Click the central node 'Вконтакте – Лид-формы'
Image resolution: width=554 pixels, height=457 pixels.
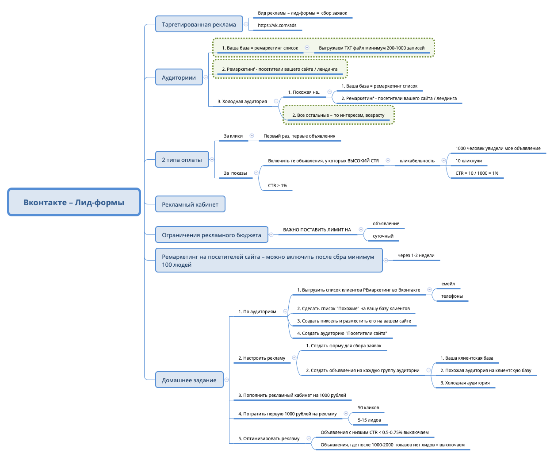tap(74, 202)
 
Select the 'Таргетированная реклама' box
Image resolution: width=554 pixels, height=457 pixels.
tap(199, 24)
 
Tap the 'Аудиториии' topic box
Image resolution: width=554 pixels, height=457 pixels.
tap(179, 77)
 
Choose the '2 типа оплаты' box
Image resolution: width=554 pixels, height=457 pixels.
tap(182, 160)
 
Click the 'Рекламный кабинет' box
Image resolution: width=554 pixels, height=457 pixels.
tap(190, 204)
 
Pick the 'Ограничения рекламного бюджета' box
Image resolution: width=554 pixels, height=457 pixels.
tap(211, 235)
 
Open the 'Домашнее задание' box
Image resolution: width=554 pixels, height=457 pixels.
tap(189, 380)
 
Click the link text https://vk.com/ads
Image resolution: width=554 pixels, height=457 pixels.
tap(277, 25)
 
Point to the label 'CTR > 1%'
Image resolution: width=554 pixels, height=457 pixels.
tap(278, 185)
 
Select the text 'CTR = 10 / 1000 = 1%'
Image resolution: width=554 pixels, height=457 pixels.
tap(477, 173)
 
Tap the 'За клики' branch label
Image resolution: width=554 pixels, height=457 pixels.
tap(233, 136)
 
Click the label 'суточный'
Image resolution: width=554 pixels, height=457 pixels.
tap(383, 236)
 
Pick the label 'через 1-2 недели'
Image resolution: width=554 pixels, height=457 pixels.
tap(416, 255)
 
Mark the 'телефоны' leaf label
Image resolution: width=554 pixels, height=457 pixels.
tap(452, 296)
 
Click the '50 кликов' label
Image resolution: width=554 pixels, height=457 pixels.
tap(368, 407)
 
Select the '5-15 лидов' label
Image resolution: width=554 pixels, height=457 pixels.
tap(369, 420)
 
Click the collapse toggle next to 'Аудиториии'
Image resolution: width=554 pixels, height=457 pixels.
tap(206, 77)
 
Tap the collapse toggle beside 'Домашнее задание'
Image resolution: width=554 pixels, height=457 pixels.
tap(226, 380)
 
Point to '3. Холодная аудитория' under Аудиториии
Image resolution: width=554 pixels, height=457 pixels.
tap(242, 101)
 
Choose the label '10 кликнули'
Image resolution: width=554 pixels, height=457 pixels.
tap(469, 161)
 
